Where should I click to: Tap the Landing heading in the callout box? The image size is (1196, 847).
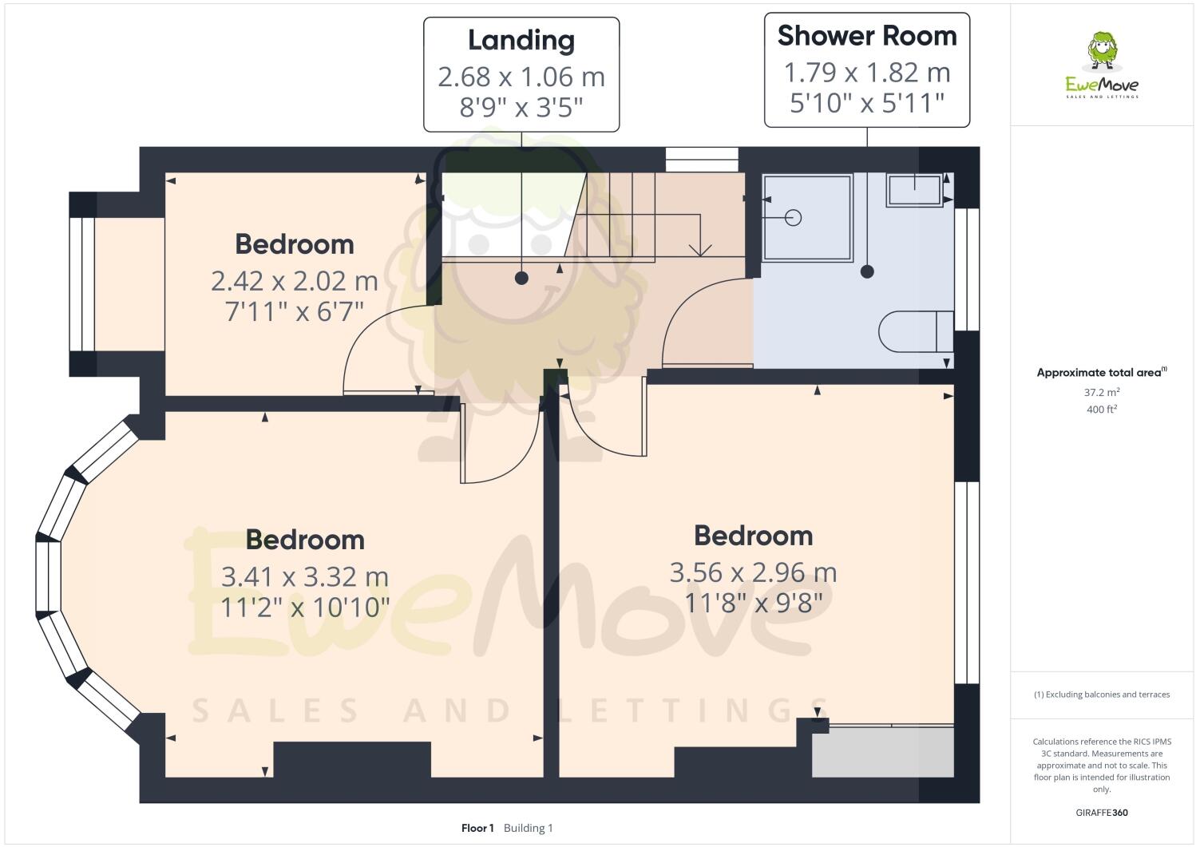521,40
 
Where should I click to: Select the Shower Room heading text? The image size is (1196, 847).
866,36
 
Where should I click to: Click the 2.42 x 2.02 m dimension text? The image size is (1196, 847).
294,281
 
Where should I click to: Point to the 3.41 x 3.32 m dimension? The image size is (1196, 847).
304,576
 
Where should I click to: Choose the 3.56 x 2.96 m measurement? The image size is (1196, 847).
752,572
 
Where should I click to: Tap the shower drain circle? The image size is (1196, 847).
793,217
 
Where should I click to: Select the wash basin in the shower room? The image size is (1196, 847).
915,191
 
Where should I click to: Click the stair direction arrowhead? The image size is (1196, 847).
700,250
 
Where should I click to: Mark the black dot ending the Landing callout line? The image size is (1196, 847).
521,278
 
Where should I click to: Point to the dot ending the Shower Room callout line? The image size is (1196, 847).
867,271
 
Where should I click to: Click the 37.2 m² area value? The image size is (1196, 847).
1102,392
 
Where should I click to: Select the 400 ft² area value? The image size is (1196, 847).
1102,410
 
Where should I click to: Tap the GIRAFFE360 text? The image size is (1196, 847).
1102,813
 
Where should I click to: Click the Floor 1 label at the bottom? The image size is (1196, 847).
477,828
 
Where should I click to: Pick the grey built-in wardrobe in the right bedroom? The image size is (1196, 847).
883,751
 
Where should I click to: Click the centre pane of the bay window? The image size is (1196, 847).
48,576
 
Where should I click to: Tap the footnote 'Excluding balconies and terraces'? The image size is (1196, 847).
1102,695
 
